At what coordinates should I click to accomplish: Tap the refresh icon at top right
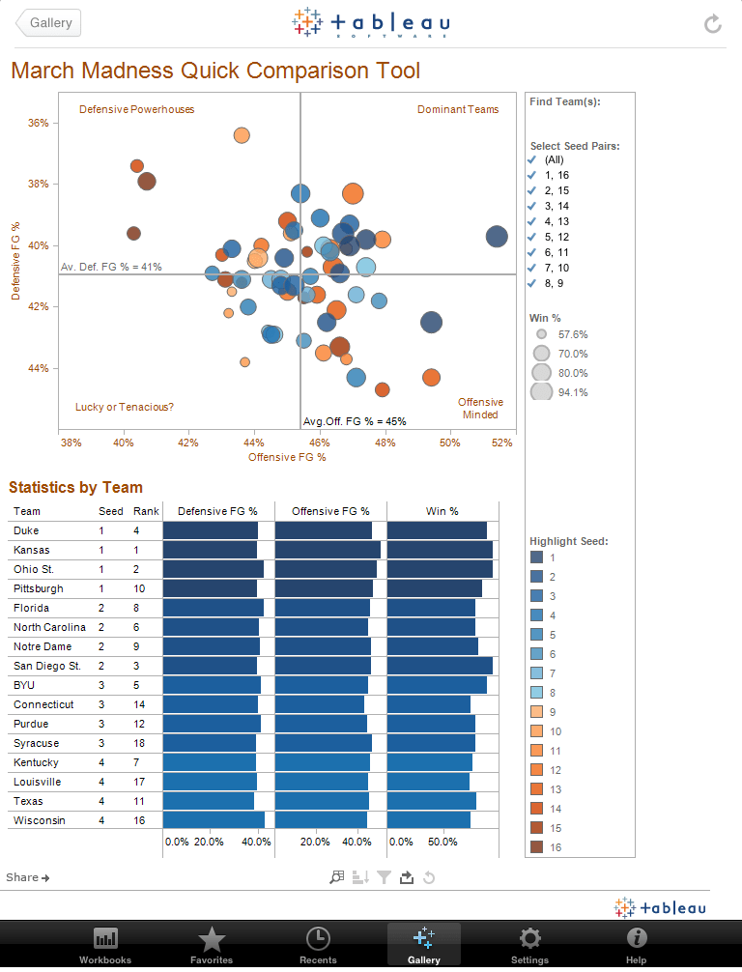tap(713, 23)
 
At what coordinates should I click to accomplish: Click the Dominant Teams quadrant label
tap(458, 109)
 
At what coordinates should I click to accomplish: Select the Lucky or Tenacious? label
tap(125, 407)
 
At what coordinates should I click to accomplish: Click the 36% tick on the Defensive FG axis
tap(39, 123)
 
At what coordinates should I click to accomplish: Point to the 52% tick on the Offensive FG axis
tap(501, 443)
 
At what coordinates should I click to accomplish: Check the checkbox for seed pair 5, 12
tap(531, 237)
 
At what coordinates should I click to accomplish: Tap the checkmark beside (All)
tap(531, 159)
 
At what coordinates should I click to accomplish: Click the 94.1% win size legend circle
tap(542, 392)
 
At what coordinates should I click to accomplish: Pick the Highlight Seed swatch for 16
tap(536, 847)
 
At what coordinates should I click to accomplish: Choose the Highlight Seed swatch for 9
tap(536, 712)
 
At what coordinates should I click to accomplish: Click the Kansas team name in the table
tap(32, 550)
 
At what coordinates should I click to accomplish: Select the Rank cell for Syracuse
tap(140, 743)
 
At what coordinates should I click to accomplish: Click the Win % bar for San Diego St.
tap(440, 666)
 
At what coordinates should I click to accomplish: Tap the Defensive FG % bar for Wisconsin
tap(214, 820)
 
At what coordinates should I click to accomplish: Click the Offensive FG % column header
tap(329, 511)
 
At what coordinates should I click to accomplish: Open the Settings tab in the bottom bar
tap(529, 944)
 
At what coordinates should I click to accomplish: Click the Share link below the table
tap(27, 877)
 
